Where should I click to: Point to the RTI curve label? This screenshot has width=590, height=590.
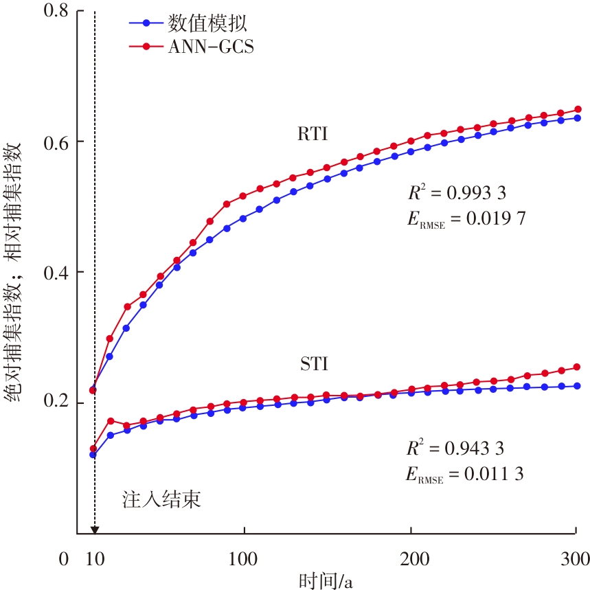tap(313, 135)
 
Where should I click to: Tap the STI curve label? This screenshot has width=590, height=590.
tap(314, 364)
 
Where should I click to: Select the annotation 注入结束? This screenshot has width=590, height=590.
tap(161, 499)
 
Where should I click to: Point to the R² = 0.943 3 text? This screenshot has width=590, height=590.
tap(455, 449)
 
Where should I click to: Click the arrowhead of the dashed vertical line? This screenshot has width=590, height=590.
tap(95, 529)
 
